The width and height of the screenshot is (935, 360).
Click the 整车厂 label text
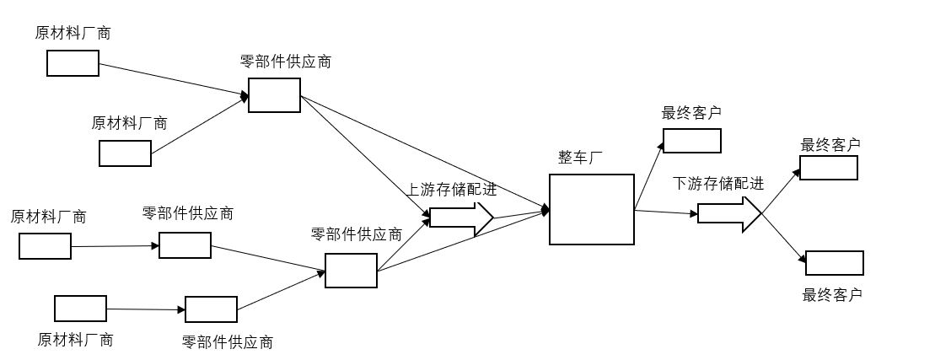pyautogui.click(x=581, y=158)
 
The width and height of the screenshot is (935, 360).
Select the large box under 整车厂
pyautogui.click(x=591, y=209)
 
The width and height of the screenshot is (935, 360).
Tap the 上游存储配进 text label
pyautogui.click(x=452, y=190)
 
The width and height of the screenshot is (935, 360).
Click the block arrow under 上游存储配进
pyautogui.click(x=460, y=218)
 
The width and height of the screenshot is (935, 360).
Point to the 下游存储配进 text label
pyautogui.click(x=718, y=184)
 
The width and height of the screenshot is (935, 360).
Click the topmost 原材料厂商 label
pyautogui.click(x=73, y=34)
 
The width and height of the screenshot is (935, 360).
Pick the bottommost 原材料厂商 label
pyautogui.click(x=75, y=340)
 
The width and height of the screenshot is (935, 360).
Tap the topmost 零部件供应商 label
pyautogui.click(x=285, y=62)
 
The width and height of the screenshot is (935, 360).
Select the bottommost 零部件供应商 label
pyautogui.click(x=228, y=342)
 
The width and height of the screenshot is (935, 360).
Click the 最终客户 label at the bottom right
pyautogui.click(x=832, y=295)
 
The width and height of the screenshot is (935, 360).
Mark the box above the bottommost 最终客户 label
pyautogui.click(x=835, y=263)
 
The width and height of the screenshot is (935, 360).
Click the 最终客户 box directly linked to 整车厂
pyautogui.click(x=691, y=141)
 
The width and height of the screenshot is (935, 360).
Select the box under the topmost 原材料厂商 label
pyautogui.click(x=73, y=63)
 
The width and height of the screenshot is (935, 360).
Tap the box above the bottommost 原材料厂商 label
pyautogui.click(x=80, y=309)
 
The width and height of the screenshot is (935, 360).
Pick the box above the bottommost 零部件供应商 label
pyautogui.click(x=211, y=309)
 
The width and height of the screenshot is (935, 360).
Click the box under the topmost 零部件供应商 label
pyautogui.click(x=274, y=95)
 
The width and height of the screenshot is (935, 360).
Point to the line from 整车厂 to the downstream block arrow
pyautogui.click(x=666, y=212)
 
